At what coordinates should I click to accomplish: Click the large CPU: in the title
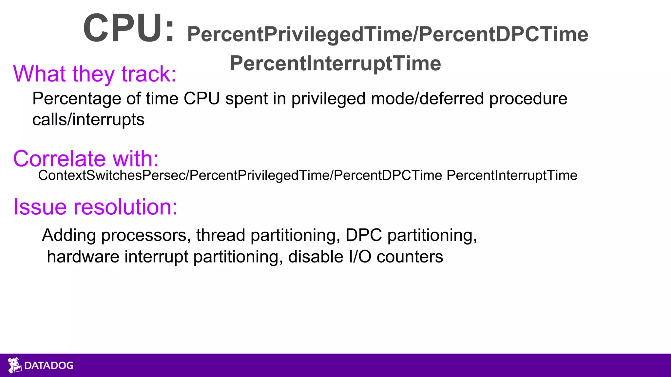(129, 28)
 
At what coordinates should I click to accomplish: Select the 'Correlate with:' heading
(86, 159)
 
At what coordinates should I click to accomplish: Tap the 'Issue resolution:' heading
(95, 207)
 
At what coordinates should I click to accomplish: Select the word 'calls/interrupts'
(88, 119)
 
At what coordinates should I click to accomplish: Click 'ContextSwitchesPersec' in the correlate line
(112, 175)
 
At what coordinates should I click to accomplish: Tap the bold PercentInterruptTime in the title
(335, 63)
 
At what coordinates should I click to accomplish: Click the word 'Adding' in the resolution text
(69, 235)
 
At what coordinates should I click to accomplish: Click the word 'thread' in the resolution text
(220, 235)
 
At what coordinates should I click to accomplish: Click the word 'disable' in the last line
(316, 257)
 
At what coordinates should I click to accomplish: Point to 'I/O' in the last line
(360, 257)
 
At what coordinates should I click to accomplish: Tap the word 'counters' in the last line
(410, 257)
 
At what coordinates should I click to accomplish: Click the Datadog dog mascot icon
(14, 365)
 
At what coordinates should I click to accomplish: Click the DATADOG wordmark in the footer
(49, 366)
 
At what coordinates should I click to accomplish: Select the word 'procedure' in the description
(528, 99)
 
